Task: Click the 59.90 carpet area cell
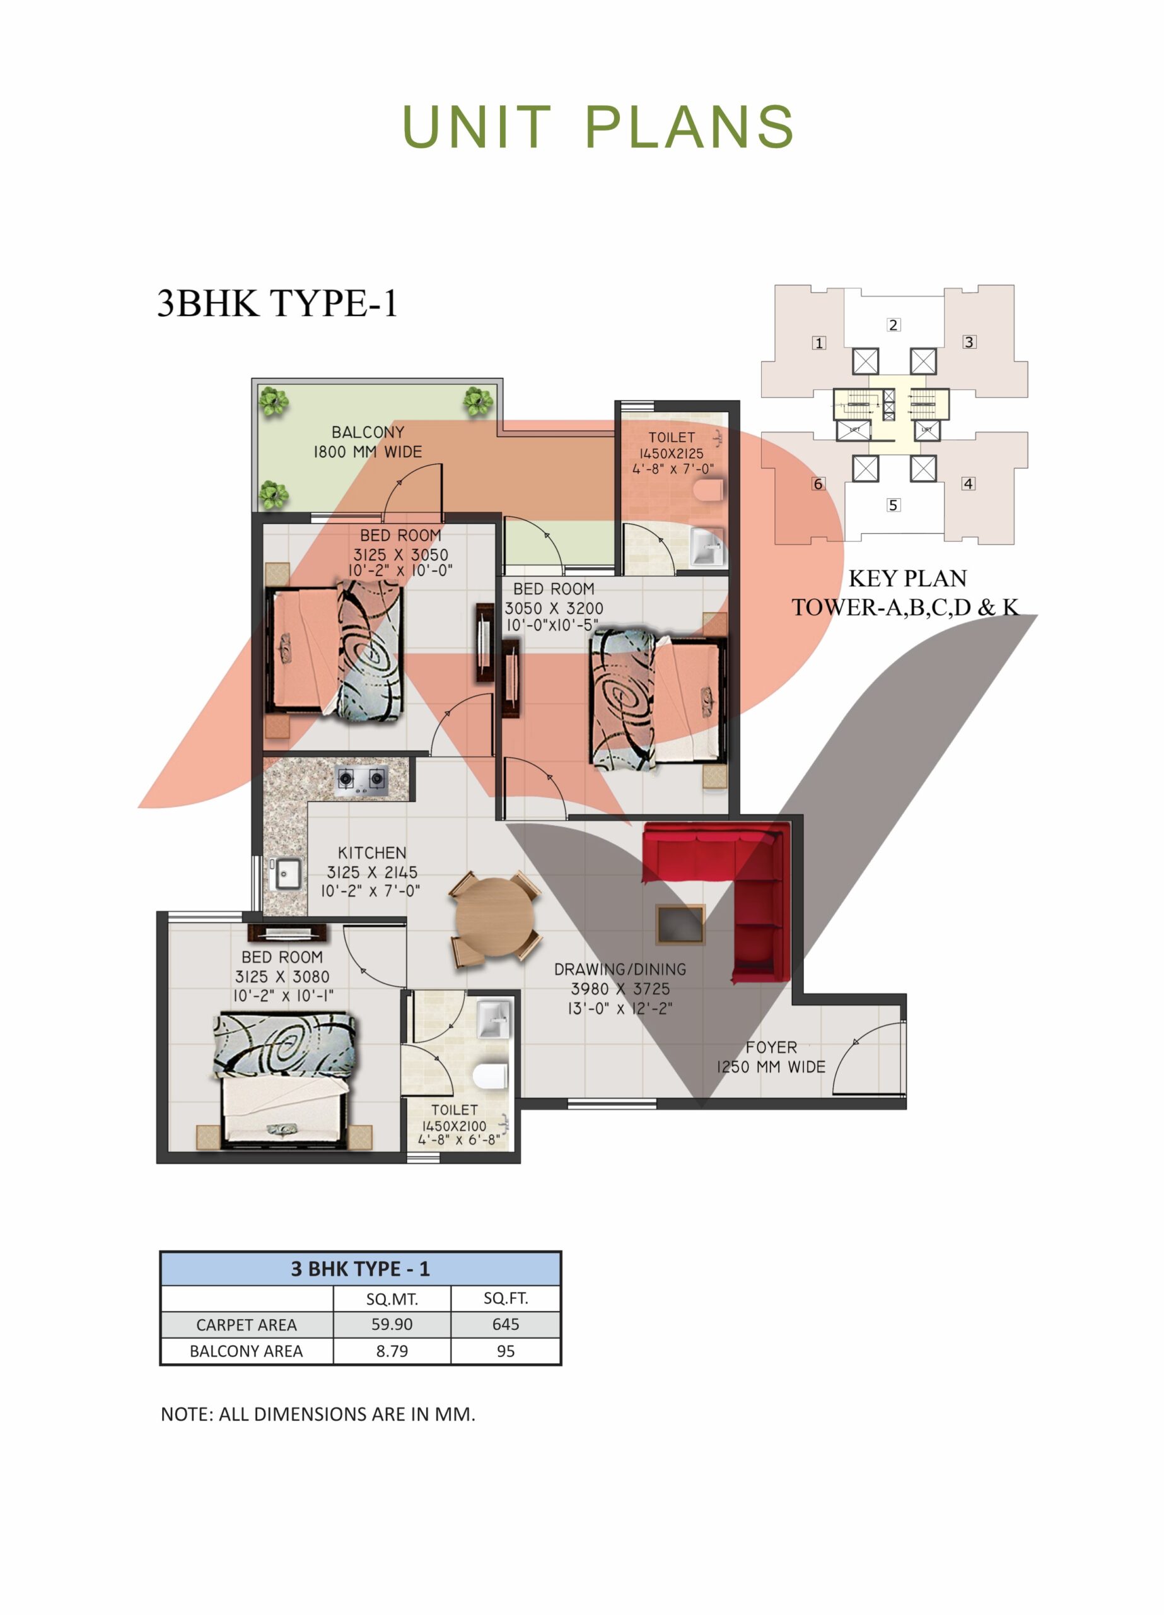392,1324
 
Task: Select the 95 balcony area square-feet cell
506,1351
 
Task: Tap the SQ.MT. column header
392,1299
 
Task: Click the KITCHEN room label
371,852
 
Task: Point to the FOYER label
771,1047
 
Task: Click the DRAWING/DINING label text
620,969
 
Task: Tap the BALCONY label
368,432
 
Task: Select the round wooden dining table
495,917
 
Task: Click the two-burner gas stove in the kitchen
362,780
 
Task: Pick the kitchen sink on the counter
286,874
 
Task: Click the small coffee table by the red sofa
680,925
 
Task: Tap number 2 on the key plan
893,325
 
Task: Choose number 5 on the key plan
893,505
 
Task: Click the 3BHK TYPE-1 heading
277,303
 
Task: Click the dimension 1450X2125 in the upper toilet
671,453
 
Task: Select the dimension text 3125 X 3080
282,977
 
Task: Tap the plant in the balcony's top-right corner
477,402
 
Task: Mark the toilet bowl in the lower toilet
491,1076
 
